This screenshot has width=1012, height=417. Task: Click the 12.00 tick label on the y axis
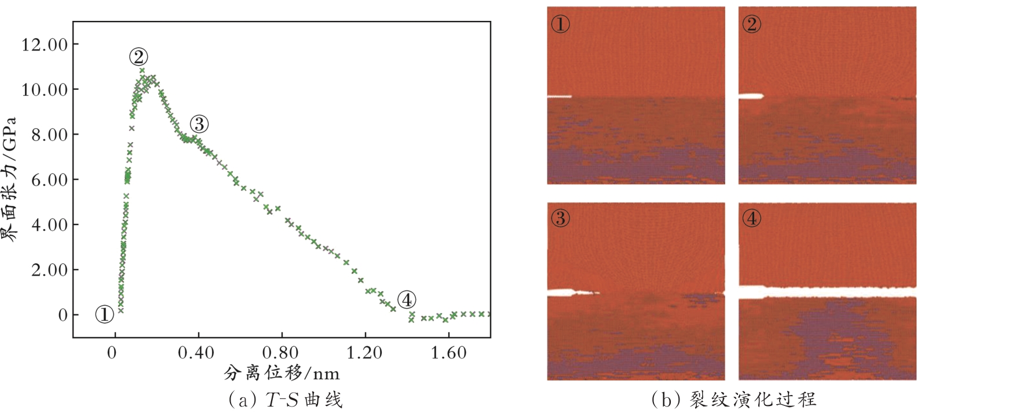(x=45, y=45)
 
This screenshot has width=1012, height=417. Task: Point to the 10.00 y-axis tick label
(x=45, y=90)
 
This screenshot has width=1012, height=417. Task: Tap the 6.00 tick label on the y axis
(x=49, y=180)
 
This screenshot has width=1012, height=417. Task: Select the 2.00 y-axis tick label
(x=49, y=270)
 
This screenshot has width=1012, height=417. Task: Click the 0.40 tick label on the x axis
(x=196, y=353)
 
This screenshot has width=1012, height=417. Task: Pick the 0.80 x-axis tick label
(x=280, y=353)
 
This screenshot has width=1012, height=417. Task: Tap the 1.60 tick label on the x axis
(x=448, y=353)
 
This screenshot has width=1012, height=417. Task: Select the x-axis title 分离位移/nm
(x=282, y=372)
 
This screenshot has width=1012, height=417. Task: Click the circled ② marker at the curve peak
(x=138, y=57)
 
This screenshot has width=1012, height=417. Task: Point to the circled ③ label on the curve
(x=199, y=124)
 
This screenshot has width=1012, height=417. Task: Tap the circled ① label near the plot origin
(x=104, y=315)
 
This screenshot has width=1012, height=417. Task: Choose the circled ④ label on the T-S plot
(x=407, y=300)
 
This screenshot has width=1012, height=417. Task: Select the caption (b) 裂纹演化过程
(x=734, y=400)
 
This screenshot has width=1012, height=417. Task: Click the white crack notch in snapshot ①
(x=559, y=96)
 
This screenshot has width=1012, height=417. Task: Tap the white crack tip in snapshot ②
(x=751, y=96)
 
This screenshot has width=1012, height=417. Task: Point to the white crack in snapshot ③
(x=571, y=293)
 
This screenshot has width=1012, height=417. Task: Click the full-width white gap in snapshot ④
(x=827, y=292)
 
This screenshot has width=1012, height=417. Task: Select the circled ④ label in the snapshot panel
(x=751, y=219)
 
